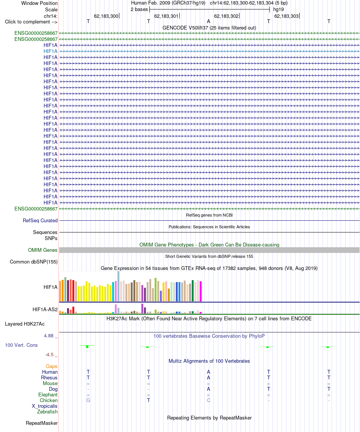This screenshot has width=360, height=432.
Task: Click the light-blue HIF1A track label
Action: point(50,51)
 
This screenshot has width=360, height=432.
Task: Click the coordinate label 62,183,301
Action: point(166,16)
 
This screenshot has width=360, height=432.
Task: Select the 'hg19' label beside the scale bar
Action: point(279,9)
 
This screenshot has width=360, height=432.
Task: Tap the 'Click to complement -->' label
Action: point(31,22)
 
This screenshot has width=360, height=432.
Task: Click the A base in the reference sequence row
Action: point(208,22)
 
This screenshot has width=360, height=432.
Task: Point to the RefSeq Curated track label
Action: point(40,220)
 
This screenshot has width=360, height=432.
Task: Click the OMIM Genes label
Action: point(43,250)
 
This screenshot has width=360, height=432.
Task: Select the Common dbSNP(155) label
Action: point(34,262)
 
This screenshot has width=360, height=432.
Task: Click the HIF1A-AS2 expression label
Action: point(45,309)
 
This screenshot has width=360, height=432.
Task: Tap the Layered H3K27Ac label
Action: point(25,324)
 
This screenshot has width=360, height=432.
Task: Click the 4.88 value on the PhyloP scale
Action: point(49,335)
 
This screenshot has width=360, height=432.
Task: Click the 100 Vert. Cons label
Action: point(21,345)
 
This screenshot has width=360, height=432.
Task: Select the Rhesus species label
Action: point(49,378)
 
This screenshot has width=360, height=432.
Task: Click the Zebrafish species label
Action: point(47,412)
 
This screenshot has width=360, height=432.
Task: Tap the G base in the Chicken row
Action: point(88,400)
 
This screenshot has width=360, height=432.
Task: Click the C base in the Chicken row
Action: point(208,400)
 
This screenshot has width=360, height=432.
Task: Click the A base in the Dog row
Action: point(208,389)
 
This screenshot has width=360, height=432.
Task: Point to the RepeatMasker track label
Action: point(42,423)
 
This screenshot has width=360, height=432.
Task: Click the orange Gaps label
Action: point(52,366)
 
